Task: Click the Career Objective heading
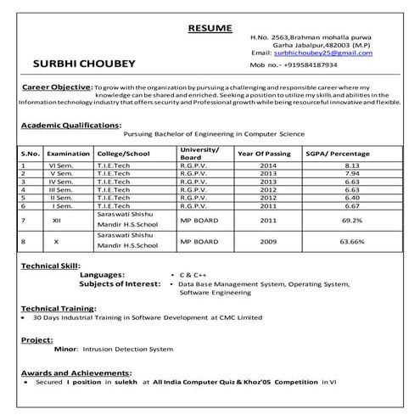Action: pos(56,87)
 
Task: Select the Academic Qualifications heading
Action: pos(70,125)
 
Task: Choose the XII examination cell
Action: pos(56,220)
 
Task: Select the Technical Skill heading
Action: pos(53,266)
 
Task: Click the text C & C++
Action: pos(194,276)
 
